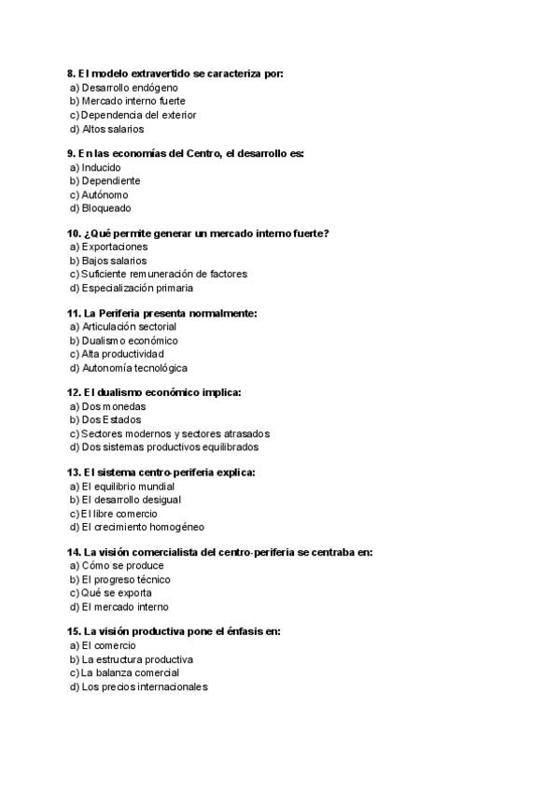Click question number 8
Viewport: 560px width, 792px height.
coord(71,73)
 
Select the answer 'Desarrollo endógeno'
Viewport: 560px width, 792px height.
coord(123,88)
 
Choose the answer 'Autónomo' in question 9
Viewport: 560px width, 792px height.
coord(105,194)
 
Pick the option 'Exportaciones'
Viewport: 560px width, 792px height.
coord(114,247)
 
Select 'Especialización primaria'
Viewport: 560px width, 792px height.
coord(137,288)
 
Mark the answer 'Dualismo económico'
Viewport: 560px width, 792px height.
coord(129,341)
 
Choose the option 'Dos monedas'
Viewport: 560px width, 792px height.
coord(113,406)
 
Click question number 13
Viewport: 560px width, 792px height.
coord(73,473)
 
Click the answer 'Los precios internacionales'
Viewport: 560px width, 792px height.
coord(145,686)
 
